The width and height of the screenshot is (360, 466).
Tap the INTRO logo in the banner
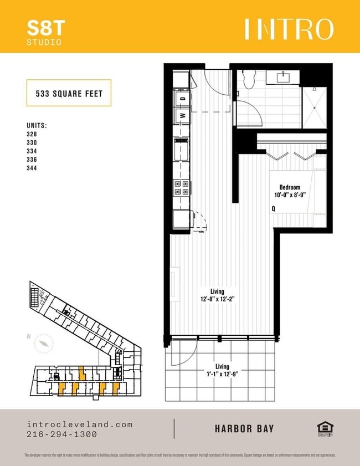click(x=289, y=29)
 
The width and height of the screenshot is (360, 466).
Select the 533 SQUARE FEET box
click(x=69, y=93)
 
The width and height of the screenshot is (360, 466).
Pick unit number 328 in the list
click(x=32, y=134)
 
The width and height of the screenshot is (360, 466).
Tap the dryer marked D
click(x=181, y=99)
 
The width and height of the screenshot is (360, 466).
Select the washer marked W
click(x=181, y=116)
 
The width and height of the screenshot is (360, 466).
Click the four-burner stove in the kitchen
click(x=181, y=188)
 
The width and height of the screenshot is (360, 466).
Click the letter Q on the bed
click(x=273, y=209)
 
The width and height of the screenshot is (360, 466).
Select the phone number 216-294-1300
click(x=61, y=434)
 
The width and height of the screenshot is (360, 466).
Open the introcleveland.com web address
click(x=80, y=424)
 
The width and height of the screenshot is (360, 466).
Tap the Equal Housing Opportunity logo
click(x=323, y=428)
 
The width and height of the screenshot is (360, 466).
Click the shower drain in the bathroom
click(x=313, y=89)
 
